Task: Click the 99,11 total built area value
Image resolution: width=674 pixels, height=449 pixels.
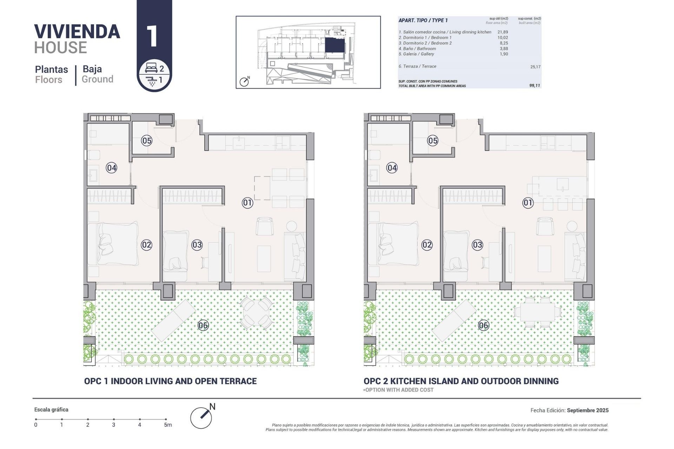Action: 535,86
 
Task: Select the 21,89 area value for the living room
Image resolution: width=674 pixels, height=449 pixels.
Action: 503,32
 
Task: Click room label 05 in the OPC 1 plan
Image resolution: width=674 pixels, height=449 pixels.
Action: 146,141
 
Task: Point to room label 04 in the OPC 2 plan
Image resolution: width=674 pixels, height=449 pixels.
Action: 392,168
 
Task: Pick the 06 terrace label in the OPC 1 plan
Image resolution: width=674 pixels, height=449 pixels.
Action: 203,325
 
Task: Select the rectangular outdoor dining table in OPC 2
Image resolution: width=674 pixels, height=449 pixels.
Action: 537,311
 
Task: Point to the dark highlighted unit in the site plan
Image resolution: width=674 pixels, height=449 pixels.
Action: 335,46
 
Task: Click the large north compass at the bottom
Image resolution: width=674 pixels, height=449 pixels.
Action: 201,417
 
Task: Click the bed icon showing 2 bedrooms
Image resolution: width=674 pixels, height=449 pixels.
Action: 151,68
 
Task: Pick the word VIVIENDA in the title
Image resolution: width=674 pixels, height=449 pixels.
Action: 77,32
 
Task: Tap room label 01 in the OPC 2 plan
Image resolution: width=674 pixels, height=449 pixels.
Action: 528,202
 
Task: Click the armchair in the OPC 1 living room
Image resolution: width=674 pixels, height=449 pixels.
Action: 264,226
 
